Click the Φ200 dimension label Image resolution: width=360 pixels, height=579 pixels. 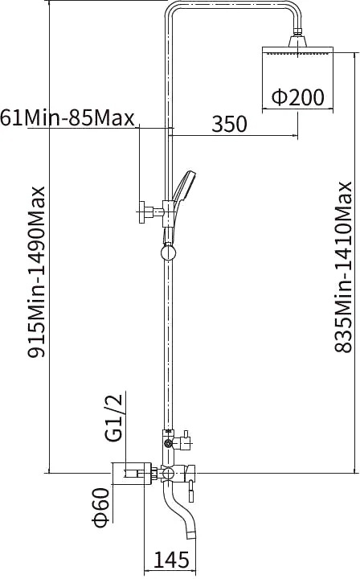pyautogui.click(x=298, y=97)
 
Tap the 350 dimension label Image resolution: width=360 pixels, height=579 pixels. pyautogui.click(x=229, y=124)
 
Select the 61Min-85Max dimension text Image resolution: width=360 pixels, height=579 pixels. pyautogui.click(x=67, y=118)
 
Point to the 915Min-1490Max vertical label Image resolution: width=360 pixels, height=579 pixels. pyautogui.click(x=36, y=272)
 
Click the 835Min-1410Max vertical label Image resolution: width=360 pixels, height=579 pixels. pyautogui.click(x=343, y=267)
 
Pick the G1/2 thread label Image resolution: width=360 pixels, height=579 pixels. pyautogui.click(x=112, y=418)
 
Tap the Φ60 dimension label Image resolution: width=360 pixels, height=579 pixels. pyautogui.click(x=101, y=507)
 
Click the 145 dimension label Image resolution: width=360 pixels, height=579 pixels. pyautogui.click(x=171, y=560)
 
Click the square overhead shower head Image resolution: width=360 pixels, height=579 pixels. pyautogui.click(x=297, y=51)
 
